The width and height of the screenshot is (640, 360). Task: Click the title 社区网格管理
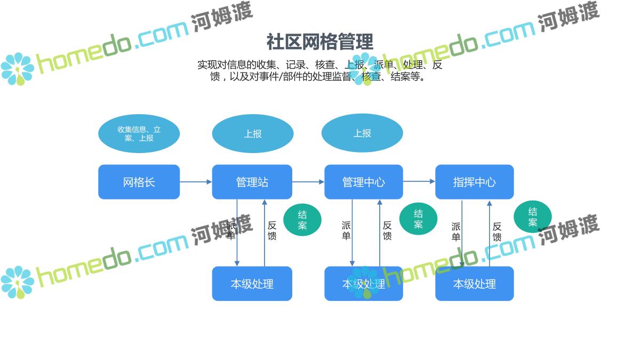319,42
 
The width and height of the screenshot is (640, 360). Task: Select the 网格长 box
139,182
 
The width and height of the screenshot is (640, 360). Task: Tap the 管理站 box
252,182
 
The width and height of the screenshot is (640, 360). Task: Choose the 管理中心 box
363,182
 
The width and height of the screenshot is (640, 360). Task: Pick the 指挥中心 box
474,182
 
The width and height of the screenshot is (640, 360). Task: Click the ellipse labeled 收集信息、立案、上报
139,133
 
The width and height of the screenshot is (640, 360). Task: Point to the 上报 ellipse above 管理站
252,133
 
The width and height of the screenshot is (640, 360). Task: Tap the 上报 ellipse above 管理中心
362,133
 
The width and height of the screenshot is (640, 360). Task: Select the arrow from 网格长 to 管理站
196,182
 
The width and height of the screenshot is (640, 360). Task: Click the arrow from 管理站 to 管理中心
308,182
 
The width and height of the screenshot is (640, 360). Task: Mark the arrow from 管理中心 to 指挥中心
419,182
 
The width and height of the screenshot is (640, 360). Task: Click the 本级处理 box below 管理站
252,284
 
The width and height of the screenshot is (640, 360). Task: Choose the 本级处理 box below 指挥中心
474,284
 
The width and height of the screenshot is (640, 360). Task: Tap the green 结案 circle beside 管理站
302,220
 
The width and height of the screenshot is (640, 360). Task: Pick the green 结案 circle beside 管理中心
418,219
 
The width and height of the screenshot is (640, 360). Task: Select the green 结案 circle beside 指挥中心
532,217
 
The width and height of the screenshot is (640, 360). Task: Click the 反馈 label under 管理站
272,230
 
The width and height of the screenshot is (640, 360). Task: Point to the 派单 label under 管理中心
346,230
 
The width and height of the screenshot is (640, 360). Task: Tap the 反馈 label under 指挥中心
497,231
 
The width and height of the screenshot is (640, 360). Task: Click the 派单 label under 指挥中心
456,231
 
